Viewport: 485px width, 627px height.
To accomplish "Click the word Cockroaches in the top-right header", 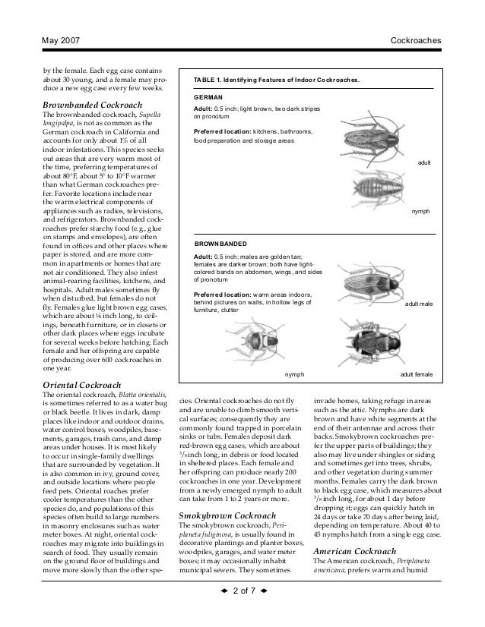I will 416,38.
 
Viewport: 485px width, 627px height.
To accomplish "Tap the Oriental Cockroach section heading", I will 81,385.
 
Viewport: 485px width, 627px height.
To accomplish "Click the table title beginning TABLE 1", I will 277,79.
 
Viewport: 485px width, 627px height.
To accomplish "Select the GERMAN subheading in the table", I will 209,99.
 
